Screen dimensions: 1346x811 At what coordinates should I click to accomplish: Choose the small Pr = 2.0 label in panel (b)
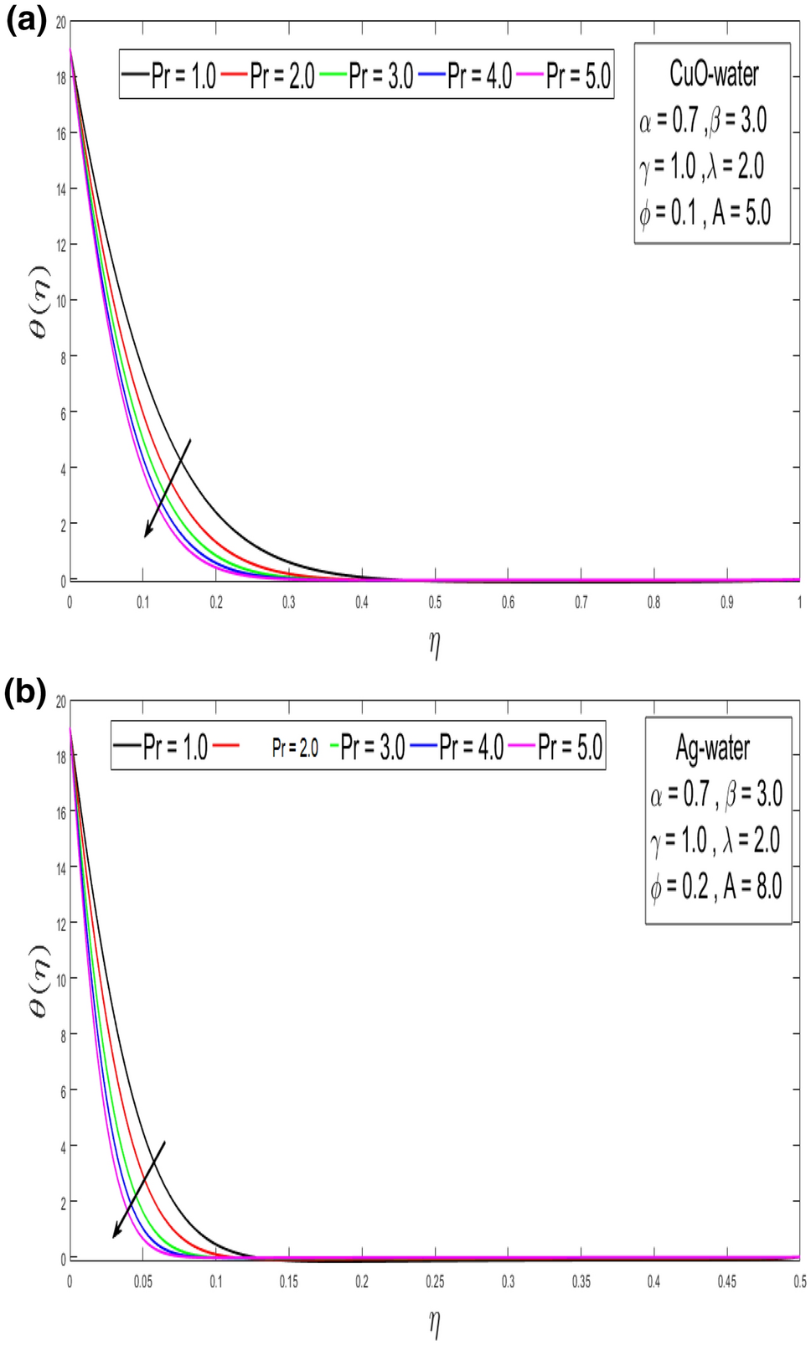click(295, 748)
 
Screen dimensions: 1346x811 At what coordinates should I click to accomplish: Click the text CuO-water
click(714, 74)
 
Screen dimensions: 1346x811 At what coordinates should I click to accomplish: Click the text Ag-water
click(713, 748)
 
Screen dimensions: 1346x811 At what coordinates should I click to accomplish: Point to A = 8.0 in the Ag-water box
click(752, 886)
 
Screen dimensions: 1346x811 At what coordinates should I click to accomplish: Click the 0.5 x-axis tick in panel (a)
click(435, 602)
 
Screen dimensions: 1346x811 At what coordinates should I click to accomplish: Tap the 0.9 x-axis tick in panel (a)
click(726, 602)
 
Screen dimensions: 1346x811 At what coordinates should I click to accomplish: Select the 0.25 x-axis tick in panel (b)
click(435, 1281)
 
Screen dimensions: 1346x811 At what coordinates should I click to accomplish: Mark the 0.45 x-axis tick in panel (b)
click(726, 1281)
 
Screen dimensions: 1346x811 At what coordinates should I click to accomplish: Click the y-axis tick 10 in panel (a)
click(60, 301)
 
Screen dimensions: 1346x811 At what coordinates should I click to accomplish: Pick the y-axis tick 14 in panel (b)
click(60, 868)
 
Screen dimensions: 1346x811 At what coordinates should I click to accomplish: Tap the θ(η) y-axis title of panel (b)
click(39, 980)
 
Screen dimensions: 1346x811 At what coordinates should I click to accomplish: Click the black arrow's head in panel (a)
click(147, 534)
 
